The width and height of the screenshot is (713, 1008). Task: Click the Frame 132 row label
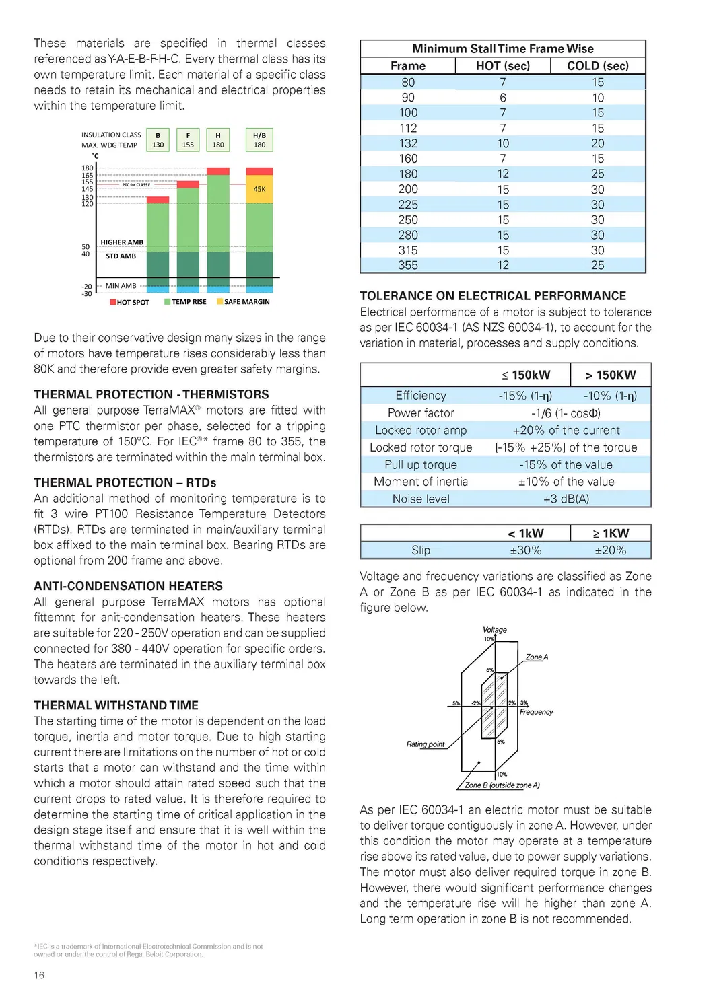408,143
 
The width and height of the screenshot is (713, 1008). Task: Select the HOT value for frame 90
502,98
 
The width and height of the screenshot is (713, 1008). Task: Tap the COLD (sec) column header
597,65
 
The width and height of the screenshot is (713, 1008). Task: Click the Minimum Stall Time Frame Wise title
502,48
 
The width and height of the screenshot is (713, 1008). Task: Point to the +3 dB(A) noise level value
566,499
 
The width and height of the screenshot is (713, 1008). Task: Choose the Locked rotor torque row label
421,447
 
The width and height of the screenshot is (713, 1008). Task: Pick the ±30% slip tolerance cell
525,550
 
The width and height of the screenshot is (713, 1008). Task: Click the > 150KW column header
610,375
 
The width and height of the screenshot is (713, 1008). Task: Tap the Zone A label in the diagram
537,657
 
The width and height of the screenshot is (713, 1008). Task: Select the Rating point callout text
426,744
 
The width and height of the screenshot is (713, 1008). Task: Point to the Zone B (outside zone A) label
502,785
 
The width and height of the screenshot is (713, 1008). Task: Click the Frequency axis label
536,712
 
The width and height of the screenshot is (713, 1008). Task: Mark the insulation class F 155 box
188,140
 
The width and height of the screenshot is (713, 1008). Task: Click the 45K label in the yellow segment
259,189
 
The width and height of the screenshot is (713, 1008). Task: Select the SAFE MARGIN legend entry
243,302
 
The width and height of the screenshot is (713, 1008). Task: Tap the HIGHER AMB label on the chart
122,242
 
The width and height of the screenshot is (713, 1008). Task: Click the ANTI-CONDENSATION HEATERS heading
128,586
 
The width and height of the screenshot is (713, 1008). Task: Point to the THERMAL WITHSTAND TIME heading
116,705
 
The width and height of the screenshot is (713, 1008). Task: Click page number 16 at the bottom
39,975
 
